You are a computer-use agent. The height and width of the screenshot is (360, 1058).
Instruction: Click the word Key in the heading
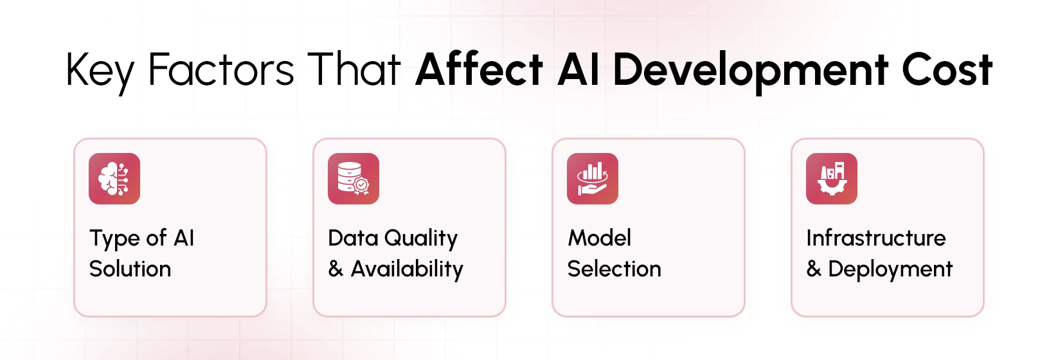pos(100,69)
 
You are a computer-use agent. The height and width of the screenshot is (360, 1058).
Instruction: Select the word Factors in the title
pos(220,69)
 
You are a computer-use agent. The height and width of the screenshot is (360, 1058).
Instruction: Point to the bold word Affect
pos(480,69)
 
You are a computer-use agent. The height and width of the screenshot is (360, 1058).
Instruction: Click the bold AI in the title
pos(578,69)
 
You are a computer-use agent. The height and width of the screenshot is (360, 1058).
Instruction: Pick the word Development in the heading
pos(750,69)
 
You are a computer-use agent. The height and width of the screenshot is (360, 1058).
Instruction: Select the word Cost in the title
pos(947,69)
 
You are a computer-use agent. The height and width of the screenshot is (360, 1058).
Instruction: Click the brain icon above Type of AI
pos(114,179)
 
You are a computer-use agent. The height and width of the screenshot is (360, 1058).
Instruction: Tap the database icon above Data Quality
pos(354,179)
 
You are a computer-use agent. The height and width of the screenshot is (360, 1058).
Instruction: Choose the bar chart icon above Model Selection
pos(593,179)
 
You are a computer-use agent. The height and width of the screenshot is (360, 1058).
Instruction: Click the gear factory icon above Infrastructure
pos(832,179)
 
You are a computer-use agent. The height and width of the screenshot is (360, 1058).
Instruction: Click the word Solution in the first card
pos(130,269)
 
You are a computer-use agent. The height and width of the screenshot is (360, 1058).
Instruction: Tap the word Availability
pos(407,269)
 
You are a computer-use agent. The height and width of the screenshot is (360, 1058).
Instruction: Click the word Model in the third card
pos(600,238)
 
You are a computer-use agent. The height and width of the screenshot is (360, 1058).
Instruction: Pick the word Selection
pos(614,269)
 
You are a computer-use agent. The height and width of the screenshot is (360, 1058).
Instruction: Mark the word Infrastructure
pos(876,238)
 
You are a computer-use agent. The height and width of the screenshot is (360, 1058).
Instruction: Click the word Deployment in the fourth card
pos(890,269)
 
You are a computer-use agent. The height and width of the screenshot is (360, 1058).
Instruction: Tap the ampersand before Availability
pos(336,269)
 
